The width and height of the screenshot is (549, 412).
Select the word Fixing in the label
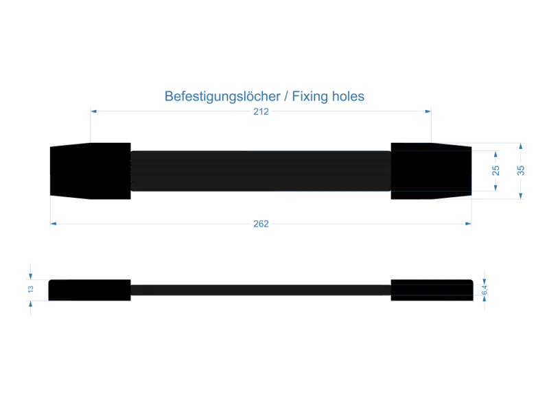click(312, 97)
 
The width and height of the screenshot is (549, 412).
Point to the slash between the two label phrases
click(290, 97)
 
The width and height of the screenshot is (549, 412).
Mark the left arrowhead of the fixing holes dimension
click(93, 110)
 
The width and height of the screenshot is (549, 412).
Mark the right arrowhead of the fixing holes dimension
click(427, 110)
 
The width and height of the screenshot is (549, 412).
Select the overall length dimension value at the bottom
click(259, 224)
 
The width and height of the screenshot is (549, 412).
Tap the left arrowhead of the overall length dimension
click(56, 224)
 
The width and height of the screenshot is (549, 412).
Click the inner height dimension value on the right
click(495, 169)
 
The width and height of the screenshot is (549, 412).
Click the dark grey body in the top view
click(261, 170)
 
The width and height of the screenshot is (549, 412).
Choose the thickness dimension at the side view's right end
click(485, 290)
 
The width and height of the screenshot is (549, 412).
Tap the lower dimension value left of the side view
click(30, 299)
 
